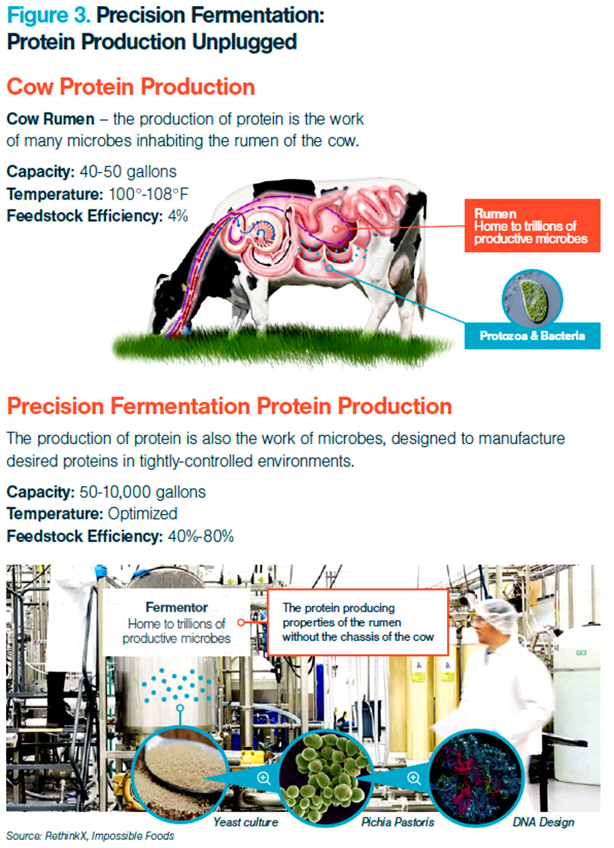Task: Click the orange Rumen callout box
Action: (x=532, y=225)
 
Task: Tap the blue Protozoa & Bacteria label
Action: (x=532, y=336)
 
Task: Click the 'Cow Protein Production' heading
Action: (x=131, y=87)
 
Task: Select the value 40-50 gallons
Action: (x=128, y=171)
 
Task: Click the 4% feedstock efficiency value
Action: (x=178, y=216)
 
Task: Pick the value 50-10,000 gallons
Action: (x=142, y=492)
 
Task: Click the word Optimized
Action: (x=142, y=514)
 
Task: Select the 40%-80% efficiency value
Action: (x=201, y=536)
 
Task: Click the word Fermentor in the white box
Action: (x=177, y=607)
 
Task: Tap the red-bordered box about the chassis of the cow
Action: (x=358, y=623)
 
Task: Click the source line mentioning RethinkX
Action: (x=90, y=836)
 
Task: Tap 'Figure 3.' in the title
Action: (x=49, y=15)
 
